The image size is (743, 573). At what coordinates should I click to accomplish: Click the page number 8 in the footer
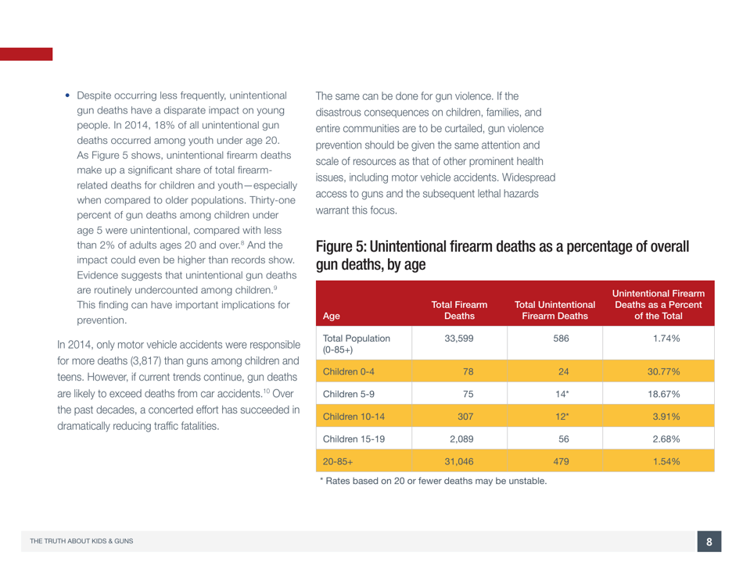pos(709,543)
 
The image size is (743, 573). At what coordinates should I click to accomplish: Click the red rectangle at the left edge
pos(26,54)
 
